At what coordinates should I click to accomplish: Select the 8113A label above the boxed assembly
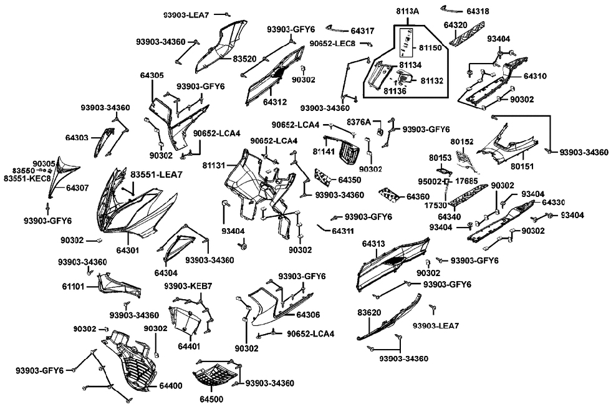tap(408, 12)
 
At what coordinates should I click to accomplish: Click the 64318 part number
tap(478, 11)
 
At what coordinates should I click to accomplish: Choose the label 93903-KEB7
tap(188, 286)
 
